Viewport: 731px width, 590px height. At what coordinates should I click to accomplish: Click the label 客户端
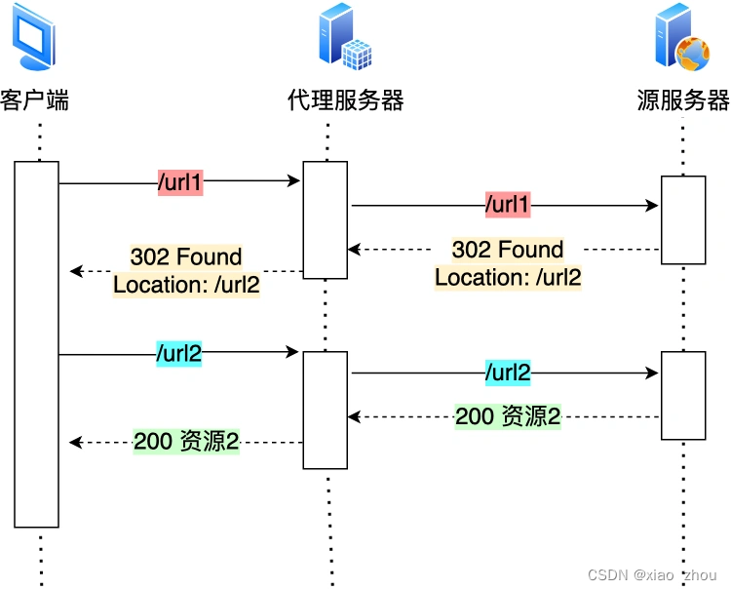(35, 100)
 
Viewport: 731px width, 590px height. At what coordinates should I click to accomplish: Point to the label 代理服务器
(345, 100)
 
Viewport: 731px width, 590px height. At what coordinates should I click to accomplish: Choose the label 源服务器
(683, 100)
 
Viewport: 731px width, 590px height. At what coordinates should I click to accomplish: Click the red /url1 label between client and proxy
(180, 181)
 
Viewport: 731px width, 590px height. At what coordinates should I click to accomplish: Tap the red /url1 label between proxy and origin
(508, 206)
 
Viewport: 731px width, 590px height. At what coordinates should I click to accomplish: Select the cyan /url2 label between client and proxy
(179, 354)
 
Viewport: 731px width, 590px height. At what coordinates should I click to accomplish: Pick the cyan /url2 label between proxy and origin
(508, 373)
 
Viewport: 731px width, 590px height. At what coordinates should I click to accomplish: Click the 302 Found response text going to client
(186, 271)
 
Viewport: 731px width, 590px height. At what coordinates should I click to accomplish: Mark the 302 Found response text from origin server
(508, 263)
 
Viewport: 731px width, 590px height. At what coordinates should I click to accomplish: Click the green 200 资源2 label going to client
(186, 442)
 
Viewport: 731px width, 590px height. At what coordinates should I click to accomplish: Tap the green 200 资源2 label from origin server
(508, 416)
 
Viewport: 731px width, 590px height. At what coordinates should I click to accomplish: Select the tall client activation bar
(36, 343)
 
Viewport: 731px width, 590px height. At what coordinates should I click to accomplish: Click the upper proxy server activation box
(325, 219)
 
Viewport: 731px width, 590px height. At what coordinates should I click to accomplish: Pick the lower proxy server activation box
(325, 410)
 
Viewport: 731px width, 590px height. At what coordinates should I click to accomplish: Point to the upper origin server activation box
(682, 219)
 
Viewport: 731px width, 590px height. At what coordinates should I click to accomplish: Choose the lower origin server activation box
(682, 396)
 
